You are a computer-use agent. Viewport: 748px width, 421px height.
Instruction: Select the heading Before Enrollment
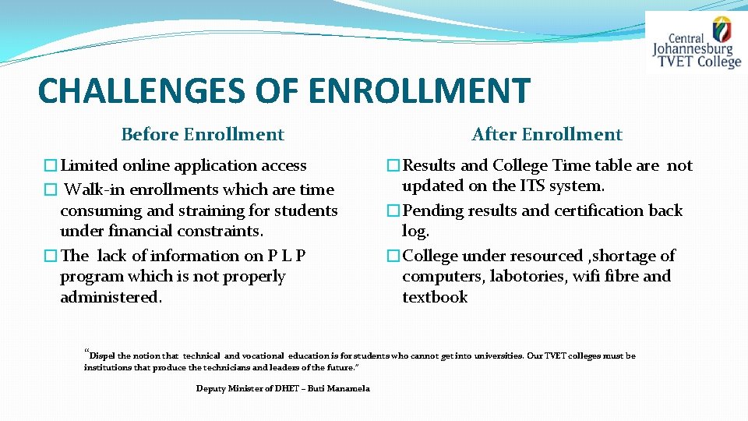(x=203, y=135)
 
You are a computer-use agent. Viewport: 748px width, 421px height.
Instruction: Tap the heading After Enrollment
(x=547, y=135)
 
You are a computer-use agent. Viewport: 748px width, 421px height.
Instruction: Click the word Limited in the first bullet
(x=86, y=165)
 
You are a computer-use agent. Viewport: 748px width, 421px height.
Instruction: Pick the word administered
(x=111, y=297)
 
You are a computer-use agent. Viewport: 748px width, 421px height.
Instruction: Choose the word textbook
(x=435, y=297)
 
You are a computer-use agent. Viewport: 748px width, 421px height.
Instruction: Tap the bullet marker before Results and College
(x=394, y=166)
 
